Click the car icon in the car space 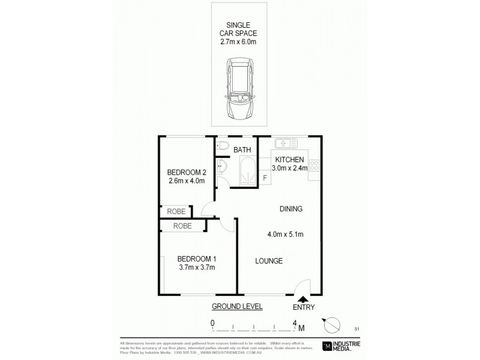click(x=239, y=89)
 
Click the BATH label click(x=242, y=149)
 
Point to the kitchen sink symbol click(x=287, y=144)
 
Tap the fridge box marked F click(x=265, y=178)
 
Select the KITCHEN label click(x=290, y=160)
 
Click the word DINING click(x=290, y=209)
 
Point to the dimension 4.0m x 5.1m click(x=286, y=234)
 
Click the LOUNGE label click(x=269, y=260)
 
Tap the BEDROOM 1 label click(x=196, y=259)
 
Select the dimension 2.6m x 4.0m click(x=186, y=180)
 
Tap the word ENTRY click(x=303, y=308)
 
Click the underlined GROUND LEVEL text click(x=237, y=306)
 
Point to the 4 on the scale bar click(x=295, y=323)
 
